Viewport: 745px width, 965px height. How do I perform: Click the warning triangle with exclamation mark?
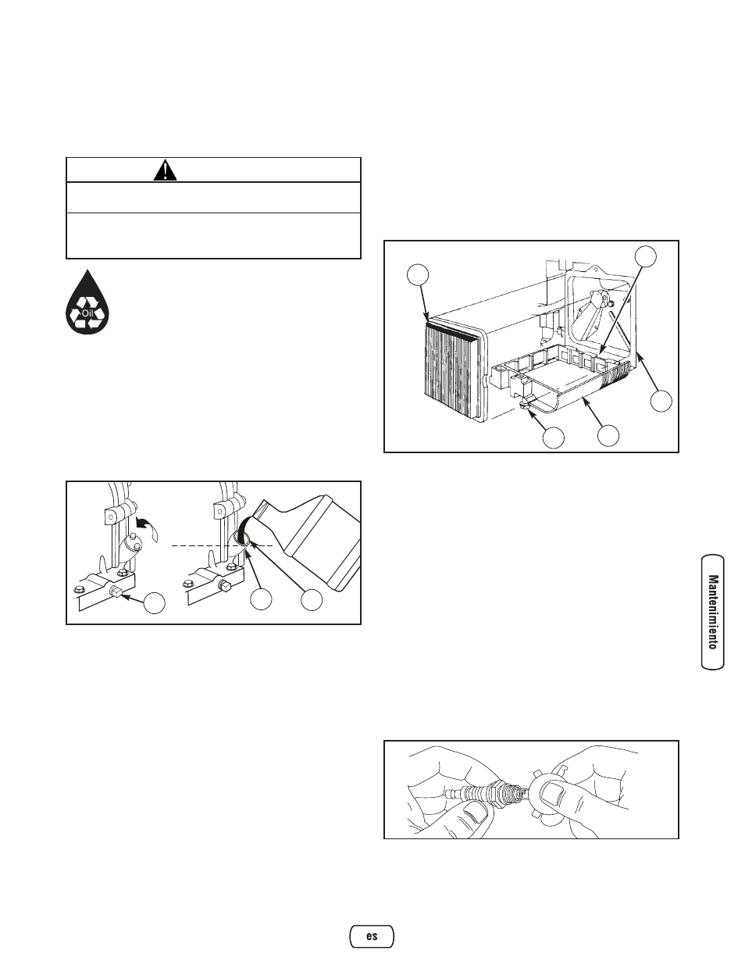(x=165, y=170)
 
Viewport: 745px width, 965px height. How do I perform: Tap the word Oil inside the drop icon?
(x=87, y=313)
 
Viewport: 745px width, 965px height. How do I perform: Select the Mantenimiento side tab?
(x=713, y=613)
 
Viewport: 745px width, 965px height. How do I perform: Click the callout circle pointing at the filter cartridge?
(x=419, y=275)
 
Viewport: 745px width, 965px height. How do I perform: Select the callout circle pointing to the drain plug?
(x=154, y=603)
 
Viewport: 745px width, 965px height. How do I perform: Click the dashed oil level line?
(x=223, y=545)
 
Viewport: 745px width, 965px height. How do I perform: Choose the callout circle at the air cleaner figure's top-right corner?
(x=646, y=256)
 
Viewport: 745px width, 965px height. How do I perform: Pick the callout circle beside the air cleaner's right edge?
(x=661, y=401)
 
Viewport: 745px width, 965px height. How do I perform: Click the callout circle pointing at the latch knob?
(x=554, y=438)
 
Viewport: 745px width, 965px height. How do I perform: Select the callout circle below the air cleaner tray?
(x=608, y=436)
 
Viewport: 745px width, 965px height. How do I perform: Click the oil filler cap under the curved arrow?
(x=131, y=549)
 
